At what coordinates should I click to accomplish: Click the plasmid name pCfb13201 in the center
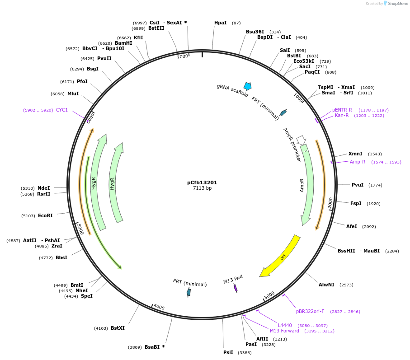[202, 182]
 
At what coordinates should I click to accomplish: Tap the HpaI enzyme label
[221, 23]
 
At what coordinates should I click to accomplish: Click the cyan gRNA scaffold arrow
[247, 86]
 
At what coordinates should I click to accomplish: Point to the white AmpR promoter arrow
[301, 140]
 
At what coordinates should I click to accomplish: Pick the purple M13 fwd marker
[236, 288]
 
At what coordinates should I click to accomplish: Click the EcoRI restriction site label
[45, 215]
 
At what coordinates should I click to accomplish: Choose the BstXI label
[118, 328]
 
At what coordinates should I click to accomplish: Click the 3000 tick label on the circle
[269, 295]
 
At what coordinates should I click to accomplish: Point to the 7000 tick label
[182, 56]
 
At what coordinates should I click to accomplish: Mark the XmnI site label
[355, 154]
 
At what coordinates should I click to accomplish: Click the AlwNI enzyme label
[326, 285]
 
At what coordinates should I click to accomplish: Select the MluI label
[73, 94]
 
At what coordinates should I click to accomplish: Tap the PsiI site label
[228, 352]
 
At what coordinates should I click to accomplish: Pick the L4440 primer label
[285, 325]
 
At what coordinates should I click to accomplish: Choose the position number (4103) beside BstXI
[101, 328]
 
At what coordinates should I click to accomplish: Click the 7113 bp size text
[202, 188]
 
